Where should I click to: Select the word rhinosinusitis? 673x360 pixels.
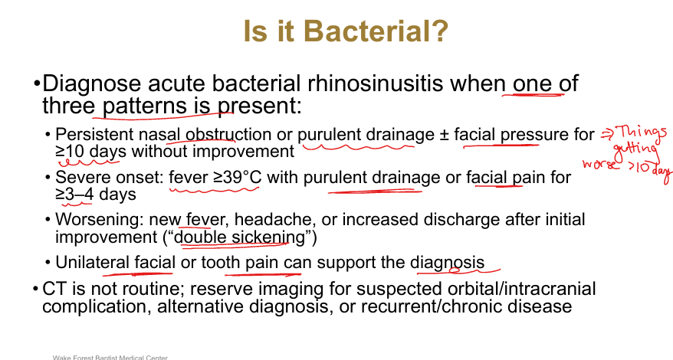pyautogui.click(x=375, y=83)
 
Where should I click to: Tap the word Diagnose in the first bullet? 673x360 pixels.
pyautogui.click(x=91, y=84)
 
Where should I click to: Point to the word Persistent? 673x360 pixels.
pyautogui.click(x=94, y=134)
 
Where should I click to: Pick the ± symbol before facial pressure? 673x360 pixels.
pyautogui.click(x=444, y=135)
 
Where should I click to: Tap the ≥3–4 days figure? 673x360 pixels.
pyautogui.click(x=96, y=194)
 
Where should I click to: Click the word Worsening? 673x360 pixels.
pyautogui.click(x=100, y=220)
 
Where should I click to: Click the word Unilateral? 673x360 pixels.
pyautogui.click(x=92, y=262)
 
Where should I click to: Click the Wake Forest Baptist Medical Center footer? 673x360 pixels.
pyautogui.click(x=110, y=358)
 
